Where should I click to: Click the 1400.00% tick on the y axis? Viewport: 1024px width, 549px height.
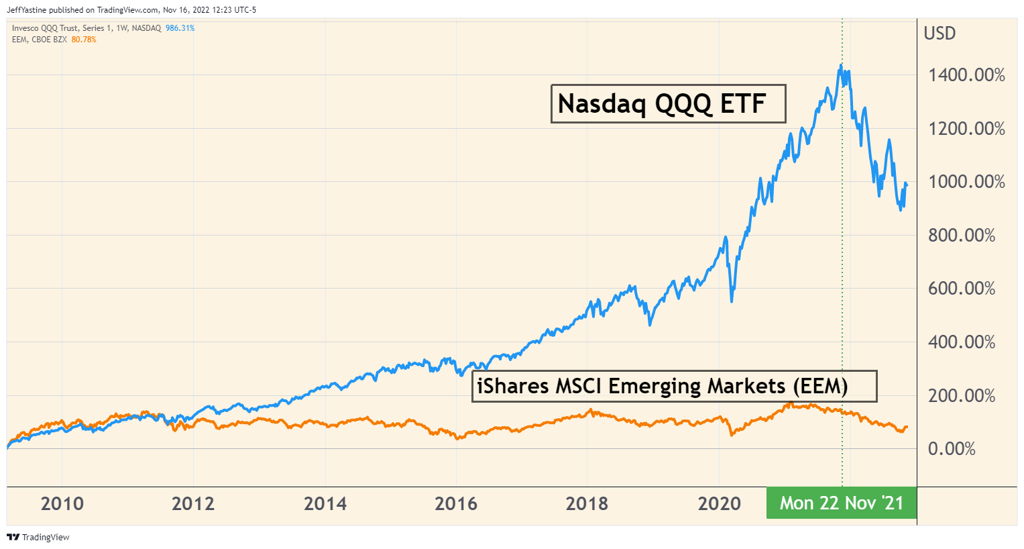click(x=966, y=74)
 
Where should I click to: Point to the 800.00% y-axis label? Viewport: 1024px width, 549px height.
click(x=962, y=235)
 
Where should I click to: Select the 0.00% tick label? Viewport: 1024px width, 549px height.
click(x=952, y=449)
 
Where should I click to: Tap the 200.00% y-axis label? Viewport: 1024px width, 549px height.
click(x=962, y=395)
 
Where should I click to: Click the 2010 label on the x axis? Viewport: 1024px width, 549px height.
click(x=62, y=503)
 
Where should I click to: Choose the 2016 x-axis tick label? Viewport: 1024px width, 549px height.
click(x=456, y=503)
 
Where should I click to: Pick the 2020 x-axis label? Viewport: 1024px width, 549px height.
click(x=719, y=503)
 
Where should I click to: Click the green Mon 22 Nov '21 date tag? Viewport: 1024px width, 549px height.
click(x=842, y=503)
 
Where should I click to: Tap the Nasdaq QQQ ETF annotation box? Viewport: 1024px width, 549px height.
click(x=668, y=104)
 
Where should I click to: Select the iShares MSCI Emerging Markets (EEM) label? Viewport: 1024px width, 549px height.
click(x=674, y=386)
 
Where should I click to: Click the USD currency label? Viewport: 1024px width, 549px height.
click(x=940, y=34)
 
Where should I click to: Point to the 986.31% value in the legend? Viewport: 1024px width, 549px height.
click(x=180, y=28)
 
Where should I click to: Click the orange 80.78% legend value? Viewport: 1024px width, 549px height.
click(x=84, y=40)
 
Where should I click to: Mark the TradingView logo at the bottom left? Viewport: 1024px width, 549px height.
click(x=38, y=537)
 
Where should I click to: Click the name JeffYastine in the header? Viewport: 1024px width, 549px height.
click(x=27, y=10)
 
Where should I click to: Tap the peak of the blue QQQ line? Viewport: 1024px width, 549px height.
click(x=841, y=64)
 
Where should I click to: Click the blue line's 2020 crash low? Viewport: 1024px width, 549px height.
click(x=732, y=301)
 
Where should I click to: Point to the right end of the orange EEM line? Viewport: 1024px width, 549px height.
click(x=907, y=427)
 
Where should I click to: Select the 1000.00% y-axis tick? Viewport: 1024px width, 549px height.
click(x=966, y=182)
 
